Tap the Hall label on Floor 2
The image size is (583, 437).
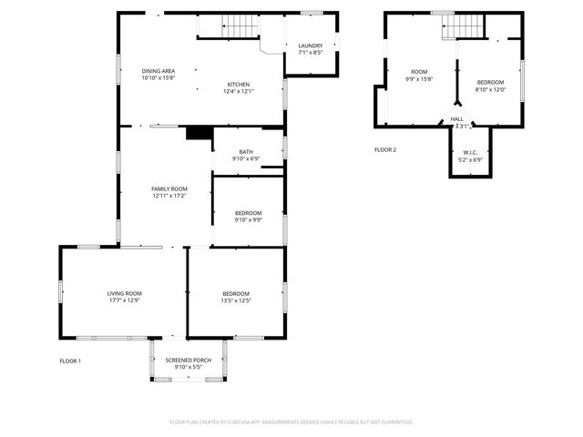coord(456,119)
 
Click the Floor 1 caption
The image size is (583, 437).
coord(70,361)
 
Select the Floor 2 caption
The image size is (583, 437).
coord(385,149)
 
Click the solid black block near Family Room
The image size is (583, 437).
coord(198,133)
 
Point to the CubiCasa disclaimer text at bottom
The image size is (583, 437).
coord(291,422)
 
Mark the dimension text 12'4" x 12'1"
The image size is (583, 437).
coord(239,91)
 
